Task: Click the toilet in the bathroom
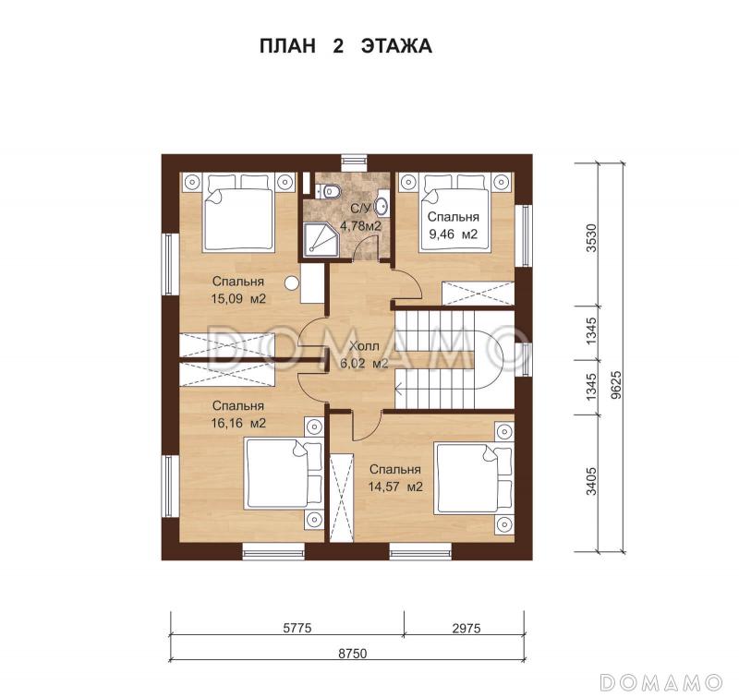click(x=331, y=191)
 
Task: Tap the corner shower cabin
click(x=321, y=240)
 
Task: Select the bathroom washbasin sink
click(x=382, y=205)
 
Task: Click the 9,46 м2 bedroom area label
click(x=453, y=234)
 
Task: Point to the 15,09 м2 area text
click(x=238, y=298)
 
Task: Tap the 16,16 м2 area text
click(x=238, y=423)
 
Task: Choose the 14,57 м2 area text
click(x=395, y=487)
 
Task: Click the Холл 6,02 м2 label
click(x=364, y=355)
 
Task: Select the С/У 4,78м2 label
click(x=360, y=217)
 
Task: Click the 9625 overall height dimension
click(x=616, y=385)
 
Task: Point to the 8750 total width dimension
click(x=353, y=654)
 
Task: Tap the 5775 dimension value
click(x=297, y=628)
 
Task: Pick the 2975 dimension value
click(x=466, y=628)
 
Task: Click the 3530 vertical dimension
click(x=591, y=238)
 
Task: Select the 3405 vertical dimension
click(x=591, y=481)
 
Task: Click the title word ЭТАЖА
click(x=396, y=46)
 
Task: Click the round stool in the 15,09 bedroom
click(x=292, y=282)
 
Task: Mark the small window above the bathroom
click(x=354, y=163)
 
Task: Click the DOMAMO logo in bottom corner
click(x=660, y=682)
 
